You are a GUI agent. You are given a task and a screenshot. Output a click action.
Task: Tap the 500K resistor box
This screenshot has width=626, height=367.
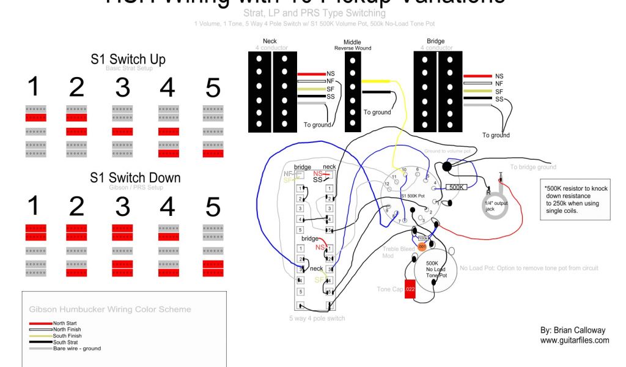click(x=458, y=188)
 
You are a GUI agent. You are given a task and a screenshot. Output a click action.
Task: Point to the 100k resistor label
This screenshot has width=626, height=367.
click(x=423, y=237)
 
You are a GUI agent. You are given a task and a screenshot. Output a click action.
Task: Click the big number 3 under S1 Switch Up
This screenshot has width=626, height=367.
click(x=122, y=89)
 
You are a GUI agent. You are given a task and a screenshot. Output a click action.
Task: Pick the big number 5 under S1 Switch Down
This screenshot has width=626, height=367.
click(x=213, y=207)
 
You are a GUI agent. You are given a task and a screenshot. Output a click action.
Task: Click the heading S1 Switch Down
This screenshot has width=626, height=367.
click(x=135, y=177)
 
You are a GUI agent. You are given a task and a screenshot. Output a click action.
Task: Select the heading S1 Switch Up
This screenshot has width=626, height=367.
click(x=128, y=59)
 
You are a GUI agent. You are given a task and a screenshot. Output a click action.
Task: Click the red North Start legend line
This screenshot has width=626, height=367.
click(x=40, y=323)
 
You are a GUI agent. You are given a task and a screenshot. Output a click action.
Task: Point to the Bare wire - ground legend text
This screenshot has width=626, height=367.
click(x=77, y=348)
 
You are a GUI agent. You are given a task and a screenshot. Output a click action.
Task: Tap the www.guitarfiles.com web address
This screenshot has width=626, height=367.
click(x=574, y=340)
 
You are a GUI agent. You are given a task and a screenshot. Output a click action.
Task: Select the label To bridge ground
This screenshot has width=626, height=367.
click(x=533, y=167)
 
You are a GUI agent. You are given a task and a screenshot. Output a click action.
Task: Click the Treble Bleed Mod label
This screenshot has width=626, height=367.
click(x=399, y=253)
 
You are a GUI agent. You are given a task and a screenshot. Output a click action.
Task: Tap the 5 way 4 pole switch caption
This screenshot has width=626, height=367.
click(x=317, y=318)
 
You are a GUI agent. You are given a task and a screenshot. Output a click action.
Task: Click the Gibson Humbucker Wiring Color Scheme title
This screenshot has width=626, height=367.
click(x=110, y=310)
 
